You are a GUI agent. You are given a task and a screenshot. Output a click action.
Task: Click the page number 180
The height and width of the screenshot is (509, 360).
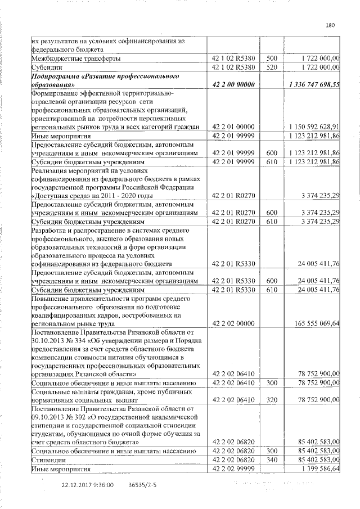pyautogui.click(x=330, y=25)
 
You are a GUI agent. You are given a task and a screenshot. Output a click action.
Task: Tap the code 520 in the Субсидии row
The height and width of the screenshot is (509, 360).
pyautogui.click(x=272, y=67)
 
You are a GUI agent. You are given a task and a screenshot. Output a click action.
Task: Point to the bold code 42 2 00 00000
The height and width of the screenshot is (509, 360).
pyautogui.click(x=234, y=84)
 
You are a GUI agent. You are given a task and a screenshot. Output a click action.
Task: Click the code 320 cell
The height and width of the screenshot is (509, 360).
pyautogui.click(x=272, y=399)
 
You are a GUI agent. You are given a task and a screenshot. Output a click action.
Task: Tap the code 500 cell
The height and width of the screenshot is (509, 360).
pyautogui.click(x=272, y=58)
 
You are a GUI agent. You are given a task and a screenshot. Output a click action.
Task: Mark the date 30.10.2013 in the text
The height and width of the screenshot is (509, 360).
pyautogui.click(x=48, y=340)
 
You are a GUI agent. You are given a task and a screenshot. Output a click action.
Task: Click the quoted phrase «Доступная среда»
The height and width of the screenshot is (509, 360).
pyautogui.click(x=58, y=195)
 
